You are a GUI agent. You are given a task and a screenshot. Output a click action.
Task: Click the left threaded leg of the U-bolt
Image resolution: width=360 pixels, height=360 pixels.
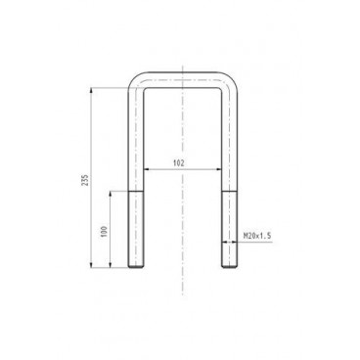tap(134, 230)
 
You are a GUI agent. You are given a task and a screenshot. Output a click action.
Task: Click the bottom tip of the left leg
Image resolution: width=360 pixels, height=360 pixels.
tap(134, 267)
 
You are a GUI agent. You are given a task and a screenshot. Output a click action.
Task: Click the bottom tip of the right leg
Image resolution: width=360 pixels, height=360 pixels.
tap(228, 267)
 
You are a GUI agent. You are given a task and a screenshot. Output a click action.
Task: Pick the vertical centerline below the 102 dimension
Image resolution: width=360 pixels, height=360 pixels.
tap(181, 235)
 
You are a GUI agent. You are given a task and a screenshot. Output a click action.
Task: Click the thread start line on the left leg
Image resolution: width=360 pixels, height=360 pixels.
tap(134, 192)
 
